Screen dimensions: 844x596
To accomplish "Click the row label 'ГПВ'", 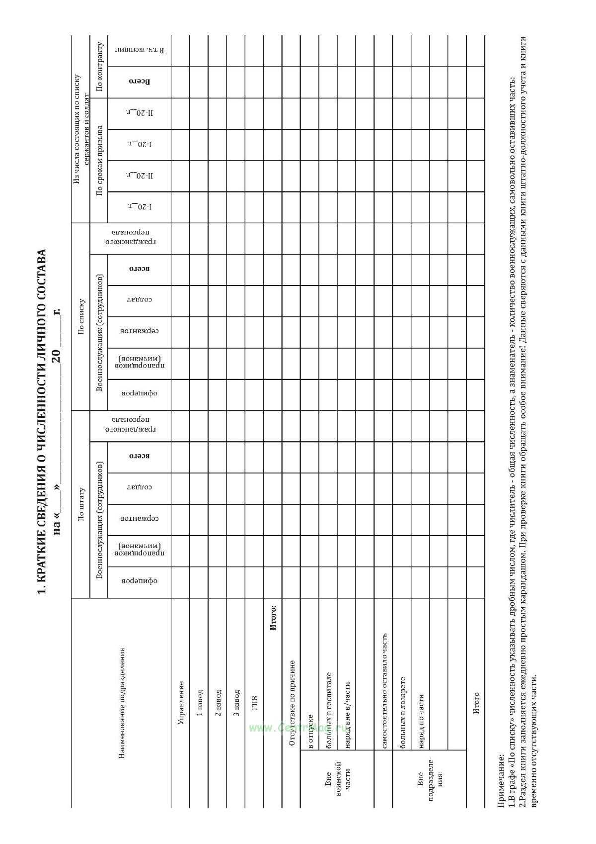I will (255, 702).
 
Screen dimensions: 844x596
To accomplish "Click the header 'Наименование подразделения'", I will (121, 702).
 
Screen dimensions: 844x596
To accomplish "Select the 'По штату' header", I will (81, 504).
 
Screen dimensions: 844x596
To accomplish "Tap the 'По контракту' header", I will (99, 67).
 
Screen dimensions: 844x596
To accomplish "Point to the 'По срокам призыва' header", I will (99, 160).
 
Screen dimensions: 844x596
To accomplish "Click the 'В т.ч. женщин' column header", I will (140, 50).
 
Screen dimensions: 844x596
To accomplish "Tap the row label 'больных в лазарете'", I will (402, 712).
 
